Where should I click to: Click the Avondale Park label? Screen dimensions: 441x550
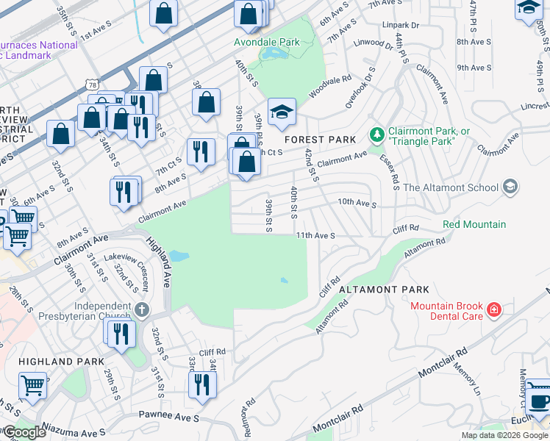(267, 42)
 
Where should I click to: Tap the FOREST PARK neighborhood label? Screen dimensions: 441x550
(321, 140)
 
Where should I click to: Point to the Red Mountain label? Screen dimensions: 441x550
(474, 224)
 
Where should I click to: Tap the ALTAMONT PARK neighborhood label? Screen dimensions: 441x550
(384, 290)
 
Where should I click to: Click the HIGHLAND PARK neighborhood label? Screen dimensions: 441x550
(56, 362)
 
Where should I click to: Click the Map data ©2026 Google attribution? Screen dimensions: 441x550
(504, 435)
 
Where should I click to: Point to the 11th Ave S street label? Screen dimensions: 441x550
(315, 236)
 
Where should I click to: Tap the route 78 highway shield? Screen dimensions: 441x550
(91, 65)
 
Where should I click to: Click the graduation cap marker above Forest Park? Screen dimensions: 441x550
(282, 112)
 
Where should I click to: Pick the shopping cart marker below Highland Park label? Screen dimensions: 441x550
(32, 384)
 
